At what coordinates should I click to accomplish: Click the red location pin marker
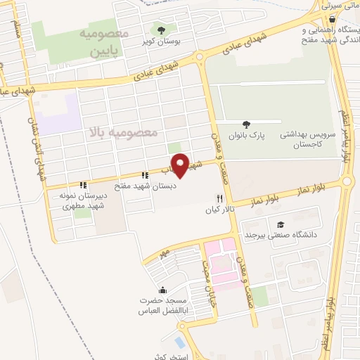point(181,164)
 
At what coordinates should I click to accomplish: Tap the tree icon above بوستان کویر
point(162,30)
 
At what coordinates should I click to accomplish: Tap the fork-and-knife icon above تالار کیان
point(219,199)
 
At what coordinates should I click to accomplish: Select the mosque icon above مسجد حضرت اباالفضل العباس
point(163,290)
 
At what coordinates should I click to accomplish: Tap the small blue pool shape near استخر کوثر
point(180,343)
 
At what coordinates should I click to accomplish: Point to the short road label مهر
point(166,251)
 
